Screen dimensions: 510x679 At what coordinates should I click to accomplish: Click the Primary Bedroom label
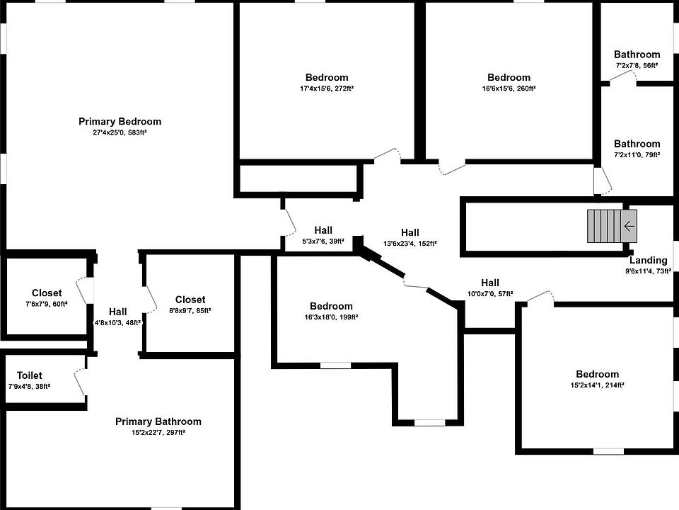point(120,121)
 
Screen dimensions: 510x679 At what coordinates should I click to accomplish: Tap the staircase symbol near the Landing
point(607,226)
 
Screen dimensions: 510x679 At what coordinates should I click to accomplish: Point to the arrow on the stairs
point(629,226)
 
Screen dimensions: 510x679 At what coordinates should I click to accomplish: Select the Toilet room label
point(29,375)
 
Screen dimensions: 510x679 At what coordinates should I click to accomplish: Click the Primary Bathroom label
point(158,421)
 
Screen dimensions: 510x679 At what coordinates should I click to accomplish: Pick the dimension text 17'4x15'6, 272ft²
point(327,89)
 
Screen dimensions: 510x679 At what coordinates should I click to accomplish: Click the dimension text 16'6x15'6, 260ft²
point(509,89)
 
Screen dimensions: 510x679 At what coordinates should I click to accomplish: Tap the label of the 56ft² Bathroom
point(637,55)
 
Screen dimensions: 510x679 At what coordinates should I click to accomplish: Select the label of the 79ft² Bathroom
point(637,144)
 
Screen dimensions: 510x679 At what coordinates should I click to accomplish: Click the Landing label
point(648,260)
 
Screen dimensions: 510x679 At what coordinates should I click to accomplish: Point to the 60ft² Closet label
point(47,293)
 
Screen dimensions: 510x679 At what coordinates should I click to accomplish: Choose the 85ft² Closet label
point(190,300)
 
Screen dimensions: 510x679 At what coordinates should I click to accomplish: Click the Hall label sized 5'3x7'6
point(323,230)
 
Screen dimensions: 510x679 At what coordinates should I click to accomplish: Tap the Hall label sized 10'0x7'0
point(490,283)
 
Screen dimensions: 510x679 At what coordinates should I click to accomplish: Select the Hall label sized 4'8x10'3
point(118,312)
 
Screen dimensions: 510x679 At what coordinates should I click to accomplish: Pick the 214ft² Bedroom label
point(597,375)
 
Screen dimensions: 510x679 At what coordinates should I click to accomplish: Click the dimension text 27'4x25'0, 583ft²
point(120,132)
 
